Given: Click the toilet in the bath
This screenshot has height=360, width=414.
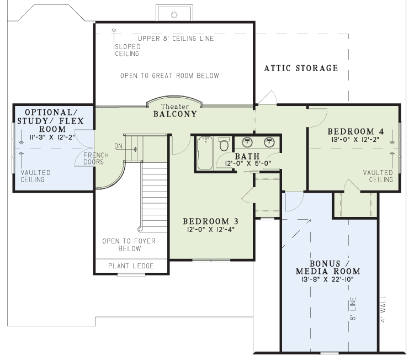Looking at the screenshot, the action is tap(224, 144).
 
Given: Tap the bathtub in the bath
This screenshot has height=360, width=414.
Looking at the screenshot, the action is tap(205, 152).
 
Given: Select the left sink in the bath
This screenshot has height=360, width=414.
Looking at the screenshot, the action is tap(247, 142).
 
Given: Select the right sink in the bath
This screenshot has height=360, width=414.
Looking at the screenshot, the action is tap(269, 142).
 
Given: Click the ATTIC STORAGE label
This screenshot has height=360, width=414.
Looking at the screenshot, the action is tap(301, 68).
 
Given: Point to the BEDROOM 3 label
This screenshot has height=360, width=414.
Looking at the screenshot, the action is tap(211, 221).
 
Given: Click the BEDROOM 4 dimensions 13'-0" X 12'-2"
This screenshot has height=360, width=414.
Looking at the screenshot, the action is tap(355, 140).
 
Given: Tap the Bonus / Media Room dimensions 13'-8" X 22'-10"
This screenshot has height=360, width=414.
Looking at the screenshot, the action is tap(327, 279).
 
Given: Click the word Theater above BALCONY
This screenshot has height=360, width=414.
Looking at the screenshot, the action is tap(175, 107).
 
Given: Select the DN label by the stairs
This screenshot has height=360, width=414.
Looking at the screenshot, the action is tap(118, 146).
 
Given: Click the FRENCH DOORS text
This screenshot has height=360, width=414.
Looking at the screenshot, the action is tap(96, 158).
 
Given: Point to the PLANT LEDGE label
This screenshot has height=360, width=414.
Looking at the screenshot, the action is tap(131, 266).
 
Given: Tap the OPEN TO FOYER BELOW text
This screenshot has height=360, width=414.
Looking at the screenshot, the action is tap(129, 245).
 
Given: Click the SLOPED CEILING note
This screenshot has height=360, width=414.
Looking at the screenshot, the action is tap(128, 50).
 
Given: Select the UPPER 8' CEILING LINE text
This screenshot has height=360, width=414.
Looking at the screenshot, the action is tap(176, 39).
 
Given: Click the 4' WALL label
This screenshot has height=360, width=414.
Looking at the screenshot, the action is tap(384, 309).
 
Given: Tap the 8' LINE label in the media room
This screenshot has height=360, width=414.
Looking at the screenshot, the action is tap(353, 309).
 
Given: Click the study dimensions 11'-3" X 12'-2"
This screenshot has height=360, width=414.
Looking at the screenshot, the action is tap(52, 137).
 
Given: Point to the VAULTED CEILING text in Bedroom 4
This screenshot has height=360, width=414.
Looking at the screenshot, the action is tap(378, 176).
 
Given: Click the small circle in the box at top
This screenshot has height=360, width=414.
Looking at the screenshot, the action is tap(174, 15).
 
